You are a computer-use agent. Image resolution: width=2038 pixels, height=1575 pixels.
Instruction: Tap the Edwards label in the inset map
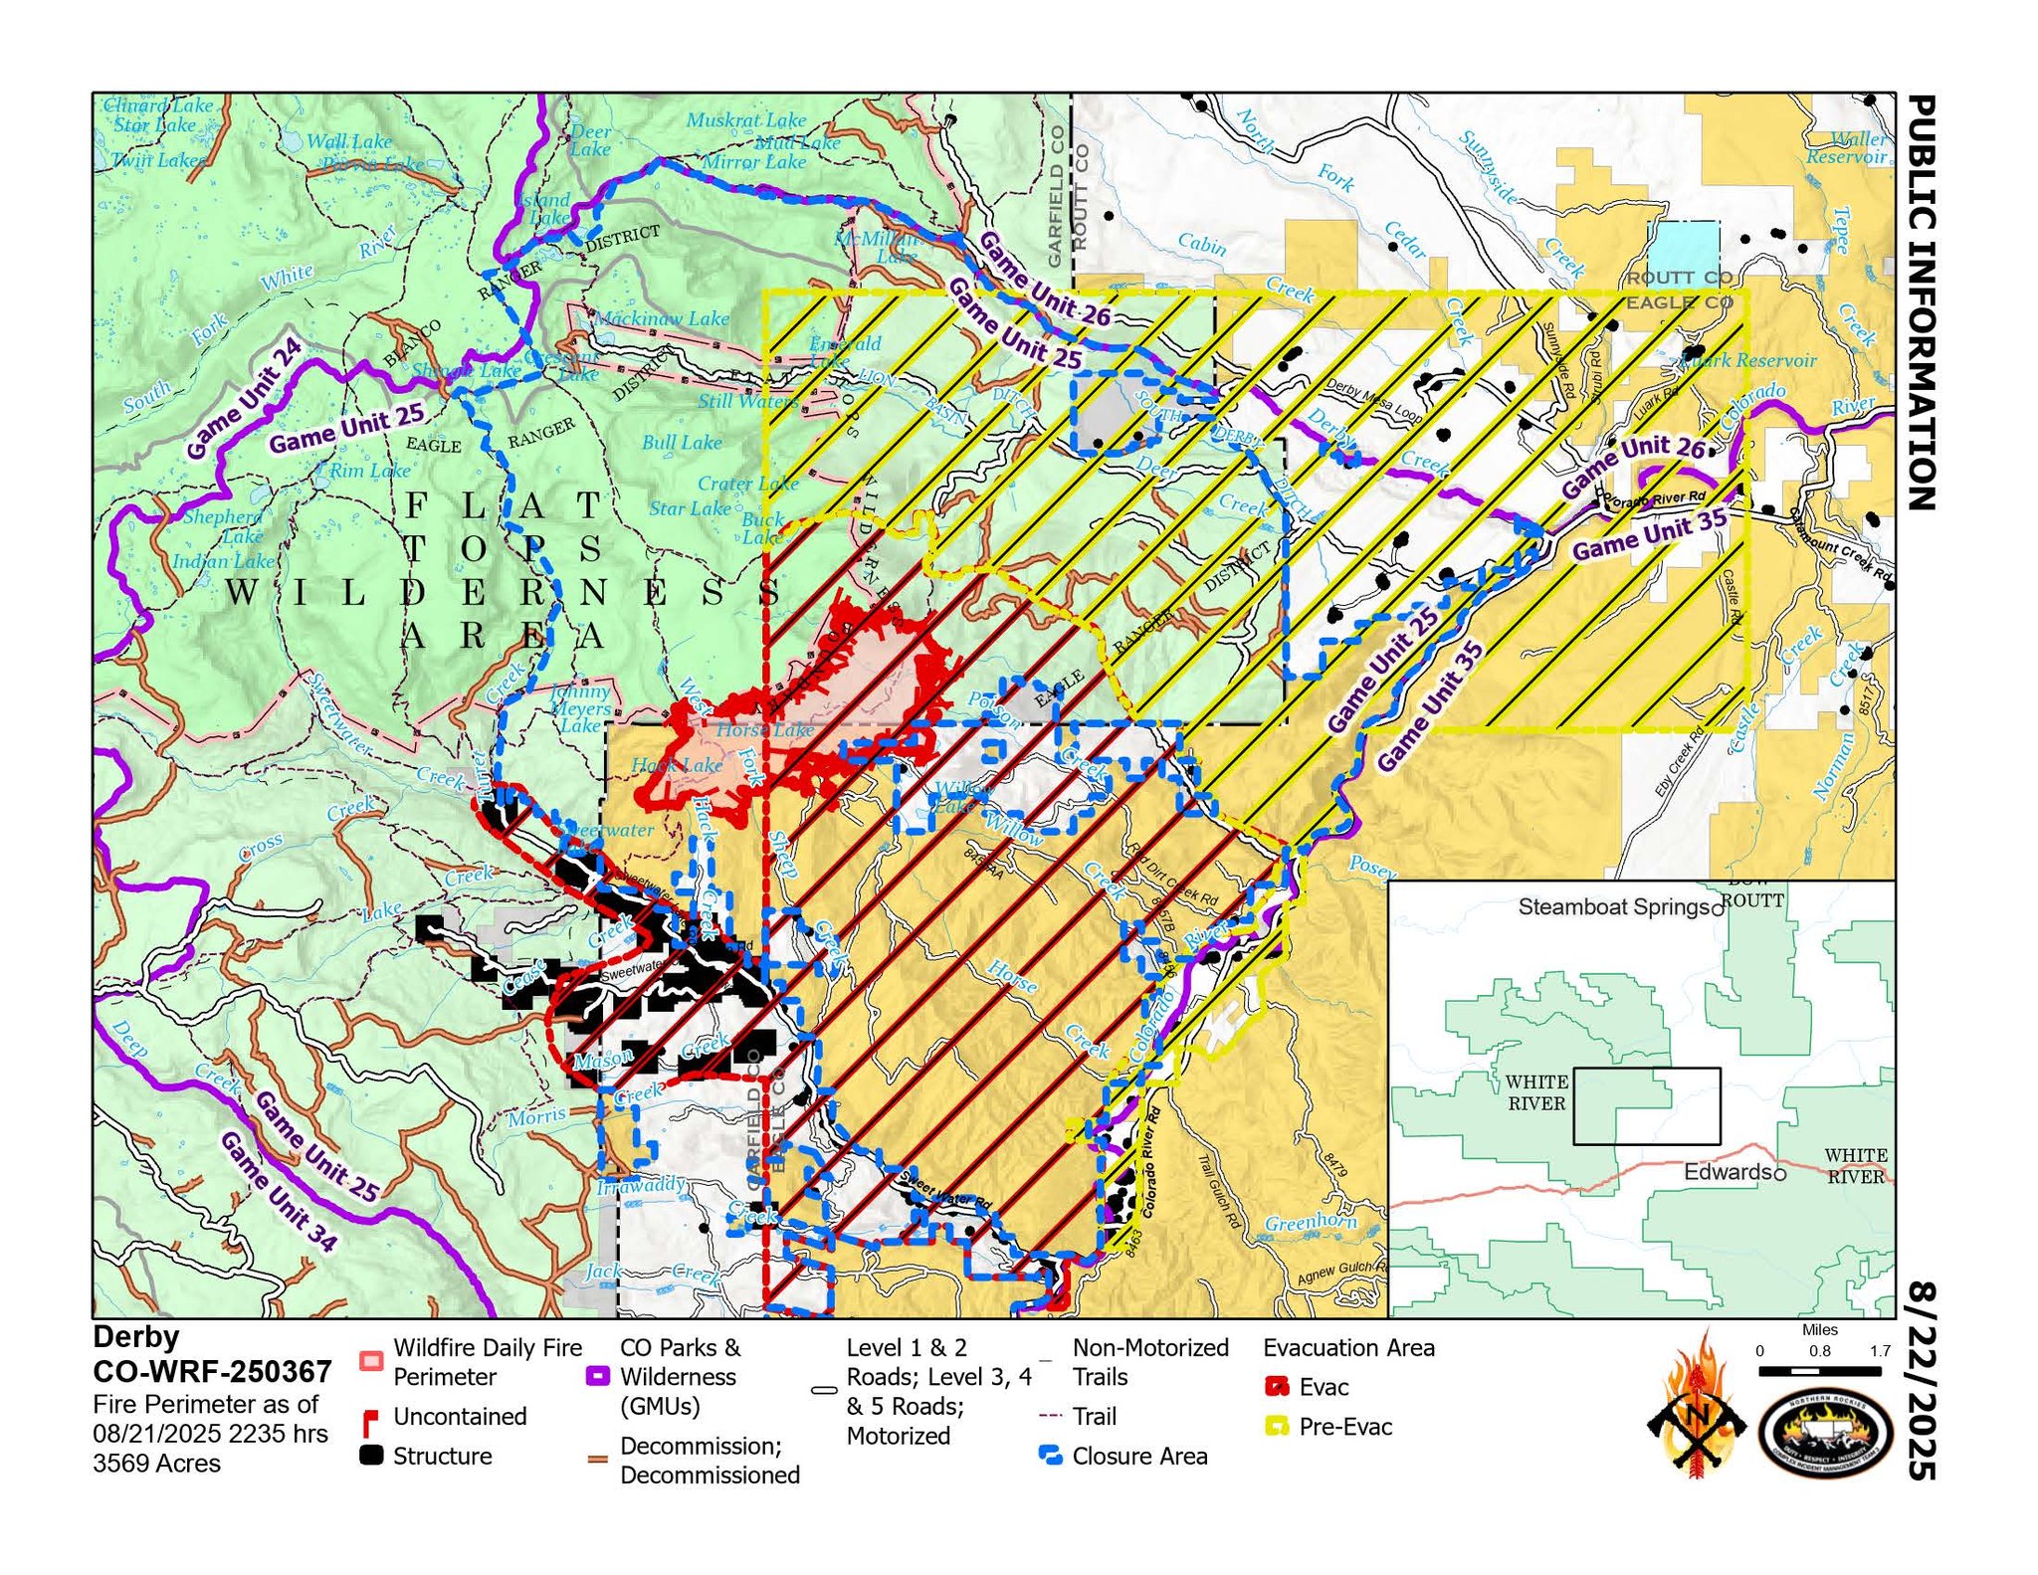[x=1729, y=1171]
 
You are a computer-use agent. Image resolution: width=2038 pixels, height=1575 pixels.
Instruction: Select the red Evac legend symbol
[x=1277, y=1386]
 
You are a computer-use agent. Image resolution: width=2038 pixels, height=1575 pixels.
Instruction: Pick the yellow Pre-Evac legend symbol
[x=1277, y=1426]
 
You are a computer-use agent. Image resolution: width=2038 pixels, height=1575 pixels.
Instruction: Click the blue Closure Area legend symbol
[x=1050, y=1456]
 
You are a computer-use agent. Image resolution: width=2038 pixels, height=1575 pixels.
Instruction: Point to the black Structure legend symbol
[x=371, y=1455]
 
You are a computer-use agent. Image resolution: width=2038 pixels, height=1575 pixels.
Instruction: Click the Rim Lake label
[x=368, y=470]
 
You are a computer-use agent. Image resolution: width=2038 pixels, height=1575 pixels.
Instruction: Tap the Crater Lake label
[x=747, y=483]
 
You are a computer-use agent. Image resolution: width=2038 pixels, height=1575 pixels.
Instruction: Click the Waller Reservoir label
[x=1849, y=147]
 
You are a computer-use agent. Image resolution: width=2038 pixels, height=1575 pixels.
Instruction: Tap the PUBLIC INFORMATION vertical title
[x=1921, y=302]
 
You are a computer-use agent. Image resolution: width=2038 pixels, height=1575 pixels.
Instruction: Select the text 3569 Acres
[x=156, y=1463]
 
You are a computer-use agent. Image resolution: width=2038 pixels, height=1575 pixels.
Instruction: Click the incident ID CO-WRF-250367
[x=212, y=1371]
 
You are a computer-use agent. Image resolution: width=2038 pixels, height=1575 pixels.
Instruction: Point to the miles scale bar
[x=1819, y=1371]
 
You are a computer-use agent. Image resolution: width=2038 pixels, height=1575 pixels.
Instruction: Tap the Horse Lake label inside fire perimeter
[x=764, y=730]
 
